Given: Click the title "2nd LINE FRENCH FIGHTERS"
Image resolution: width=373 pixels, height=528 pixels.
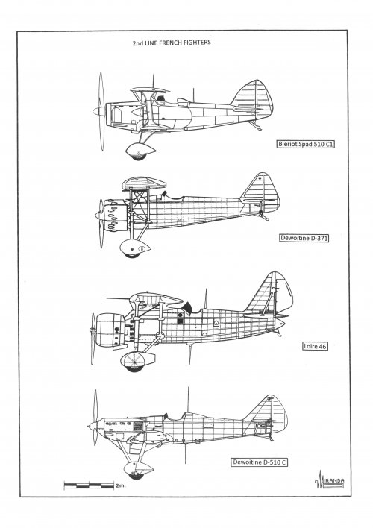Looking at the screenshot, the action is [172, 43].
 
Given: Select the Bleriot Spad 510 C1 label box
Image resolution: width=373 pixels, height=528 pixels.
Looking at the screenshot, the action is [306, 144].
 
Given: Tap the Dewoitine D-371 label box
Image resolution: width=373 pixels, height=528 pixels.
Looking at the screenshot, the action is [304, 238].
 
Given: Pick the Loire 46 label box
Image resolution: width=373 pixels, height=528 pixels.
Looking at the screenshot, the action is [315, 346].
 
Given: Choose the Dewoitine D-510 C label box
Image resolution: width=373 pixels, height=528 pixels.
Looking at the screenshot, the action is [259, 462].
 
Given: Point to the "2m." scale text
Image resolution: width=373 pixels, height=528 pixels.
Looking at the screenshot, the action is [120, 485].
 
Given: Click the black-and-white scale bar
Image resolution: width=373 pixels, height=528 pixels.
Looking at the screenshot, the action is [89, 485].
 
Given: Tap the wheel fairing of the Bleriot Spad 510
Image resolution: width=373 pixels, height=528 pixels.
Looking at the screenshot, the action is [140, 151].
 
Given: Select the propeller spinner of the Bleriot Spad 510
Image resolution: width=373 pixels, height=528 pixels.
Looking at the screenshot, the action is [99, 111].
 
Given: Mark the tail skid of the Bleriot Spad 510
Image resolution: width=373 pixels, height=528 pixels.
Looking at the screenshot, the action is [255, 125].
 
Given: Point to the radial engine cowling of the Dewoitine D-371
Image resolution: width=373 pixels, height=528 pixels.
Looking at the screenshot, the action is [115, 215].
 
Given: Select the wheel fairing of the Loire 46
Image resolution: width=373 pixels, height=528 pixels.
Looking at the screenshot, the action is [137, 361].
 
